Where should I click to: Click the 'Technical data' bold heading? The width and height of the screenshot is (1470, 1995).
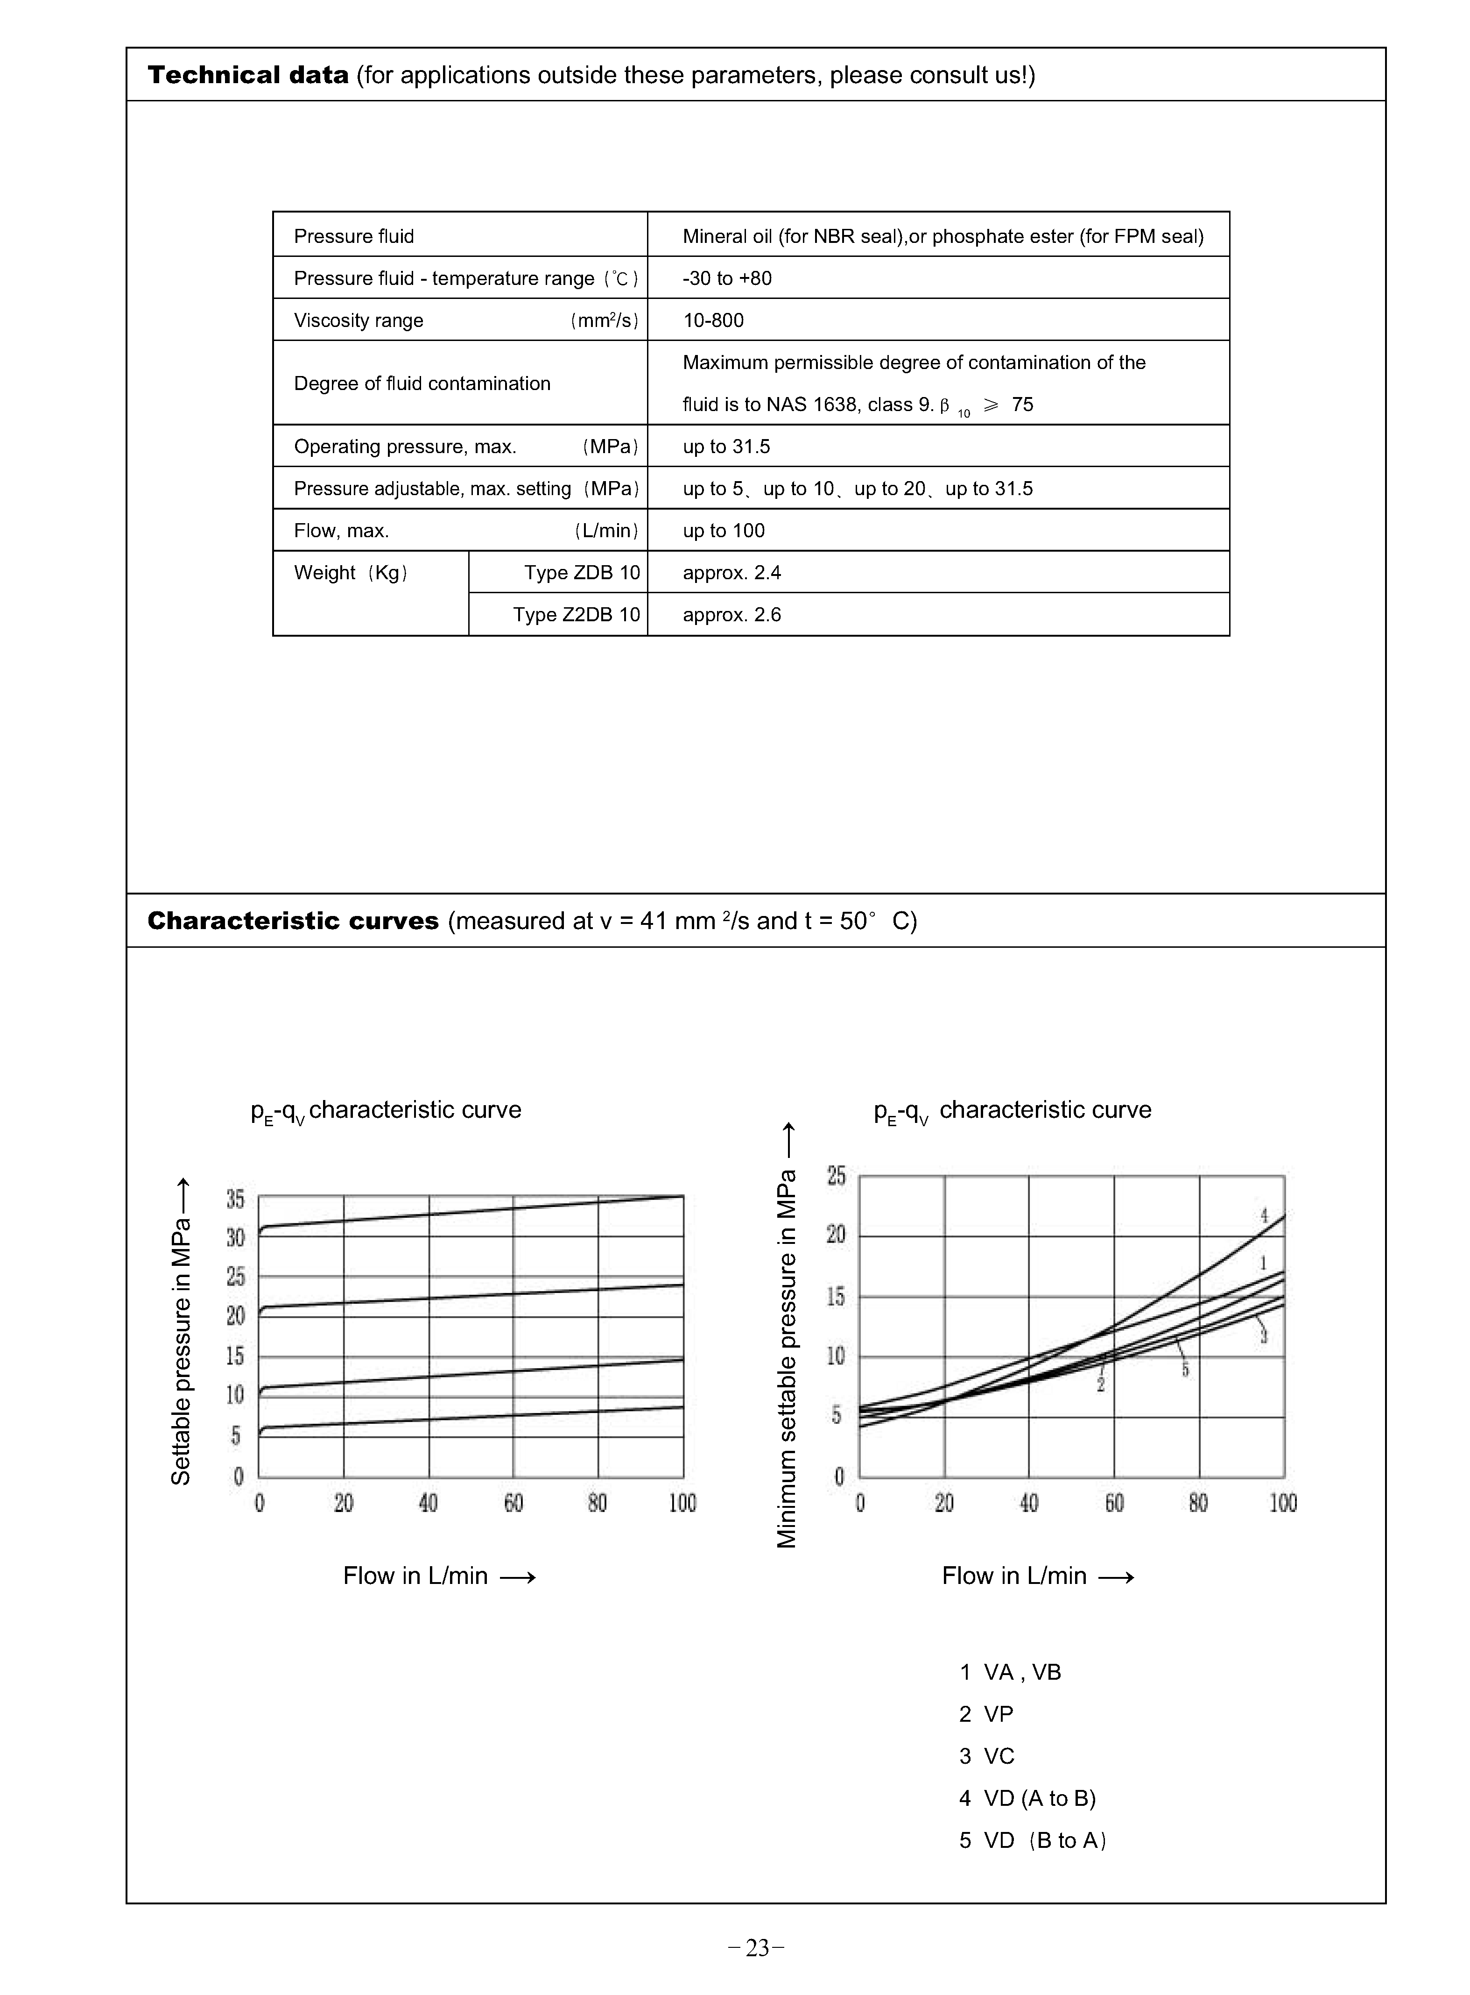point(247,75)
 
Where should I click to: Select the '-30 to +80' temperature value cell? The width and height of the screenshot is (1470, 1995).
point(727,279)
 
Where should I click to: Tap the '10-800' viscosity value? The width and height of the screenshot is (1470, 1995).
point(713,320)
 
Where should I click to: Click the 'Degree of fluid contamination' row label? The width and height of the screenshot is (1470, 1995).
point(422,383)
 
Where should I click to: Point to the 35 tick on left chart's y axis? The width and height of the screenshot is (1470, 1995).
point(235,1199)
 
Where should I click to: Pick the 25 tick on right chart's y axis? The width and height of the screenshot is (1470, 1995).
point(837,1176)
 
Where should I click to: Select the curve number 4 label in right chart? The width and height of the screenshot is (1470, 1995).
point(1264,1215)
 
